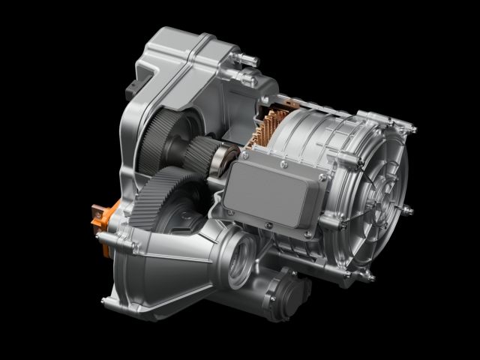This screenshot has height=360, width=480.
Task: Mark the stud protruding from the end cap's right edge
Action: coord(409,206)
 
